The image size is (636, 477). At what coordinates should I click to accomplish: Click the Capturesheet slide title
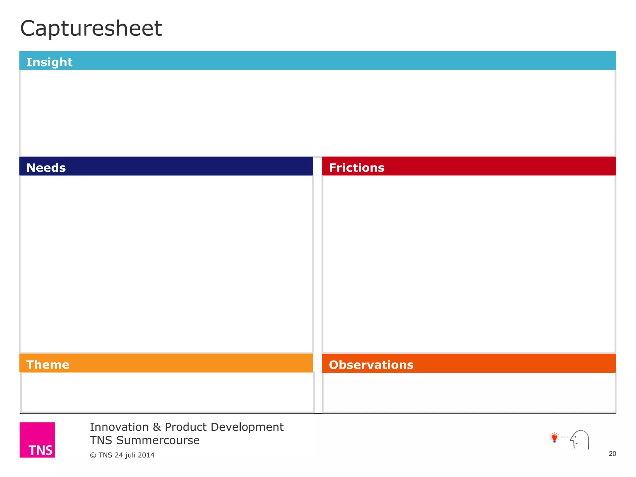pos(91,29)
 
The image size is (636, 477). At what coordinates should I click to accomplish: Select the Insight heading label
pos(49,62)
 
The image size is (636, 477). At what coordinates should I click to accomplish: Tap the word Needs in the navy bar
pos(46,168)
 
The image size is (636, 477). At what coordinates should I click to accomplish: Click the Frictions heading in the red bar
pos(357,168)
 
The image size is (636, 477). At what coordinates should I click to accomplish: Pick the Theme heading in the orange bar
pos(48,365)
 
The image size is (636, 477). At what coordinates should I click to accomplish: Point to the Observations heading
pos(371,365)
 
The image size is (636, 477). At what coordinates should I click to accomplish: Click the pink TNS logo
pos(37,440)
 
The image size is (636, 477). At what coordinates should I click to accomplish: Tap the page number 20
pos(612,454)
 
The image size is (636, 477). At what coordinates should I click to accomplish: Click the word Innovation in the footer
pos(119,427)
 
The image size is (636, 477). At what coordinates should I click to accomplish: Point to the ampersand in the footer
pos(157,427)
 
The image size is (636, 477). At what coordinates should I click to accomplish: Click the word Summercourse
pos(158,440)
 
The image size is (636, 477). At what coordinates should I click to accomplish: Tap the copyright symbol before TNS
pos(93,455)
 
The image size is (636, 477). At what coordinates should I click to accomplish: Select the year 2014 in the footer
pos(146,455)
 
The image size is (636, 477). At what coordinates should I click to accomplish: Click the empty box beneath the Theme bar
pos(167,392)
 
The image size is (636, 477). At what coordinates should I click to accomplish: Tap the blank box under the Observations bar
pos(469,392)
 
